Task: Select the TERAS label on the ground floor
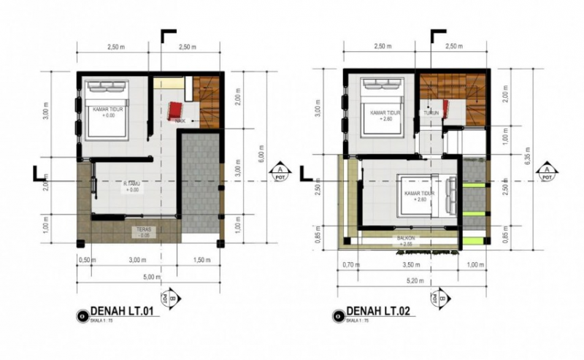pyautogui.click(x=143, y=231)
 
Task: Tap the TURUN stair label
pyautogui.click(x=430, y=113)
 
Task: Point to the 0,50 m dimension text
pyautogui.click(x=88, y=260)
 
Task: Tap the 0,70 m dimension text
pyautogui.click(x=352, y=264)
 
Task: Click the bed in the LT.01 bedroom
pyautogui.click(x=107, y=110)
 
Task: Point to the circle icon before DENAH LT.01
pyautogui.click(x=80, y=315)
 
